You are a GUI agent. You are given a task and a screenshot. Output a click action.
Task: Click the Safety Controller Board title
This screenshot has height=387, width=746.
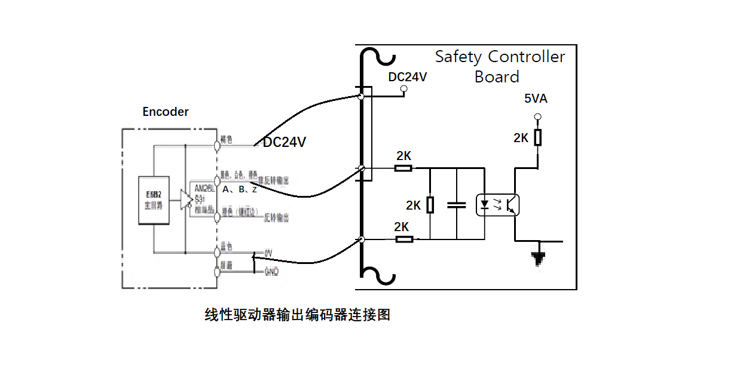(x=500, y=66)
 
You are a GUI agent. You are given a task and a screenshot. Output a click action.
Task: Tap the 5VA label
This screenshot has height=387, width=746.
(x=536, y=99)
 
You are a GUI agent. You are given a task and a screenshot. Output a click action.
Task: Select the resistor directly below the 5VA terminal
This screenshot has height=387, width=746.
(x=537, y=137)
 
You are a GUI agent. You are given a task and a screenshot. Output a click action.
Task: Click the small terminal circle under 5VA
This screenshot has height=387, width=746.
(x=537, y=116)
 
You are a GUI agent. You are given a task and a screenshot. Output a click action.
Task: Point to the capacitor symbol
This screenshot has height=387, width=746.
(x=457, y=205)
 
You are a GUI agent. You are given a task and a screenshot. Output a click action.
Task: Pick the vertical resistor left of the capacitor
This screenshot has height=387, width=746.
(x=430, y=205)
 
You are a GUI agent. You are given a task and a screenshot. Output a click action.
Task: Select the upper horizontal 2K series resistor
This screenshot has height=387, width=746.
(x=403, y=168)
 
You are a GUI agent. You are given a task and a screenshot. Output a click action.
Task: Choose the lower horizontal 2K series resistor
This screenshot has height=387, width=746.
(x=404, y=239)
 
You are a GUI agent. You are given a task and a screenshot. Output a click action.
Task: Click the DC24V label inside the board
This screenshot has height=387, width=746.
(x=408, y=77)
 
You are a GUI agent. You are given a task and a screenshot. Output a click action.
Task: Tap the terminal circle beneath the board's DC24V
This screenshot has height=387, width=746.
(x=403, y=90)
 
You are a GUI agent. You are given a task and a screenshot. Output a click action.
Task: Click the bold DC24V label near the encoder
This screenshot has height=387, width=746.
(x=285, y=142)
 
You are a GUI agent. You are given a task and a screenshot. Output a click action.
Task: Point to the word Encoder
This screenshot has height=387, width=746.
(x=166, y=112)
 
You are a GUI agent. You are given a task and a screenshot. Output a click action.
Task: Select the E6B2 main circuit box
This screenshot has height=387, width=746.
(x=154, y=200)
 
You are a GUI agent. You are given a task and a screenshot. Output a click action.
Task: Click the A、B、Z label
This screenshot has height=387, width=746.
(x=239, y=189)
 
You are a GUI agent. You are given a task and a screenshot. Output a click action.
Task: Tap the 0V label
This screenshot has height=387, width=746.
(x=268, y=254)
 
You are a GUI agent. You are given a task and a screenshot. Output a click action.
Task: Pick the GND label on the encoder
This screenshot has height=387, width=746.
(x=271, y=272)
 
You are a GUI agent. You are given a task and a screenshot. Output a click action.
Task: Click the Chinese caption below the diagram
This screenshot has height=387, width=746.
(x=297, y=315)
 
